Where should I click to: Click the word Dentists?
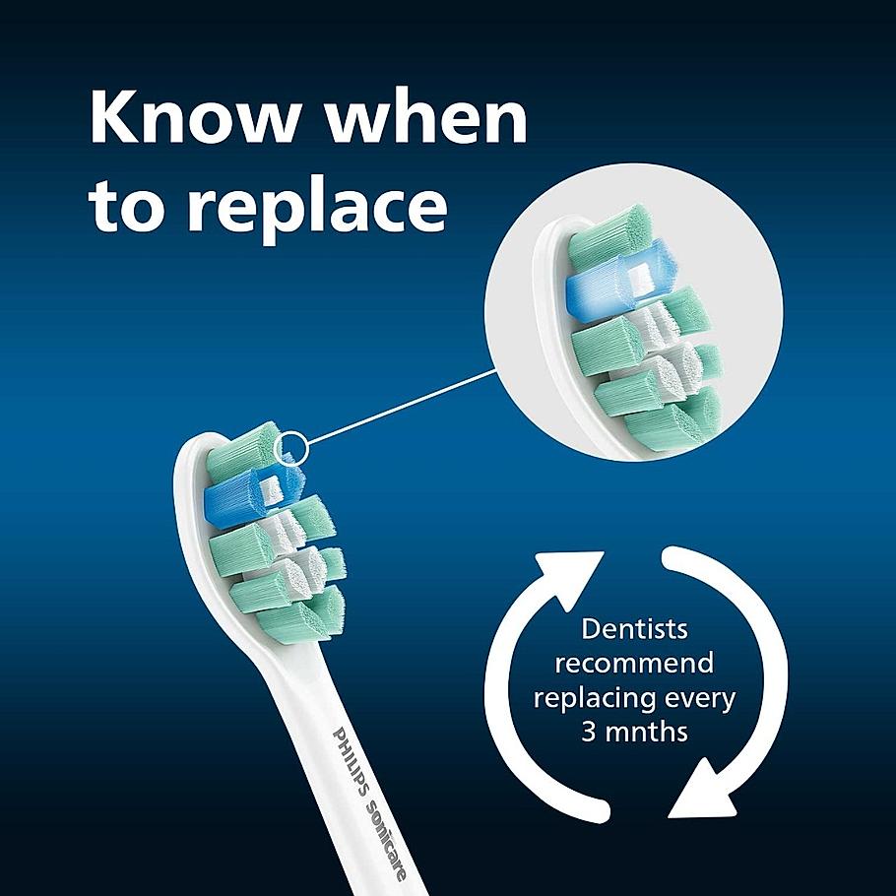pos(634,628)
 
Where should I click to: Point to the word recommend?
pos(634,663)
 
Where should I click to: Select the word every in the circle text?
pos(698,698)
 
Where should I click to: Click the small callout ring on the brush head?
pos(292,448)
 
